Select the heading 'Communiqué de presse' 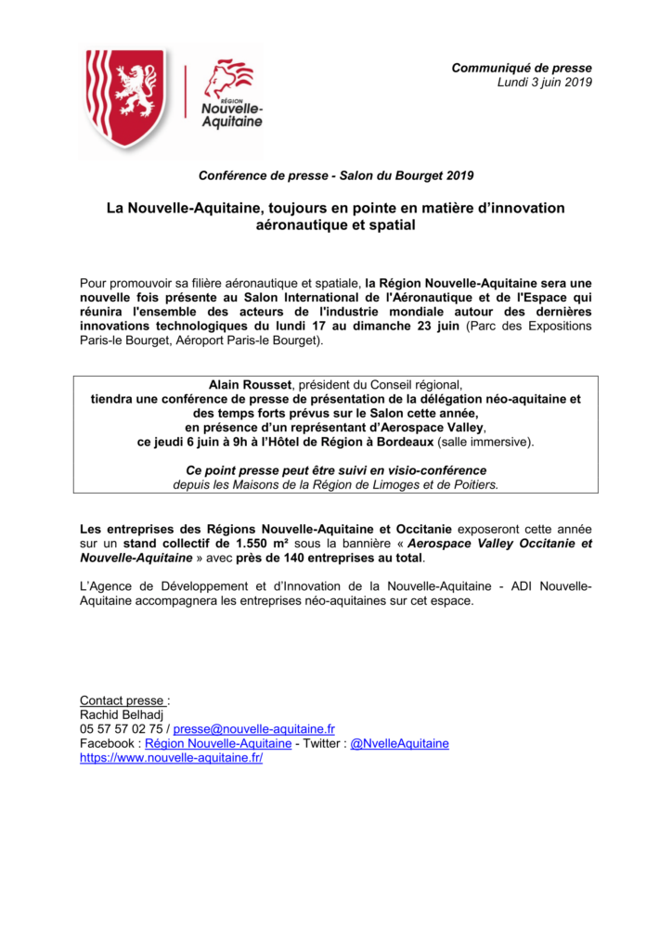click(x=521, y=68)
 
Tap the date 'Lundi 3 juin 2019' click(x=544, y=82)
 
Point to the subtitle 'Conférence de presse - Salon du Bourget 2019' click(x=336, y=176)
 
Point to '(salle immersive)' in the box click(x=485, y=442)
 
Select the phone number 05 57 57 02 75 click(x=122, y=729)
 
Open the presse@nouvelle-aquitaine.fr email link click(x=253, y=729)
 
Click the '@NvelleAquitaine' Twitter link click(x=399, y=743)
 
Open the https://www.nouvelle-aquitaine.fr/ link click(x=172, y=757)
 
